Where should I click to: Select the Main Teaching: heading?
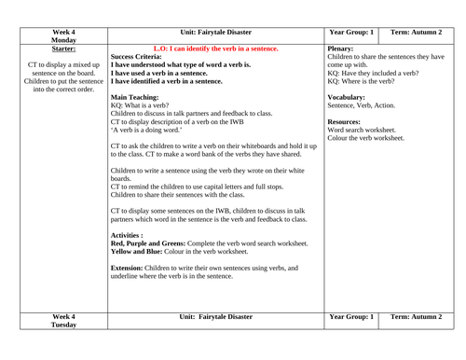click(139, 93)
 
